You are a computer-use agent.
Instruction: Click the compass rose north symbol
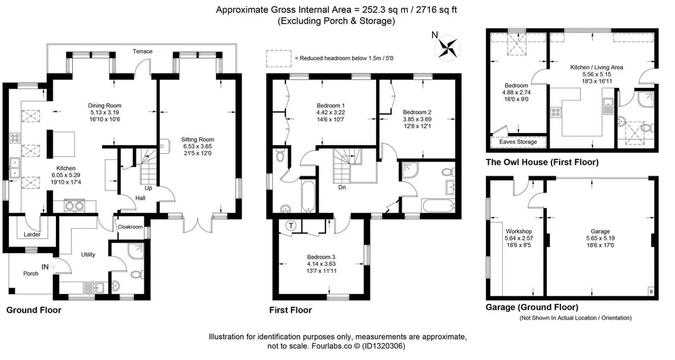click(448, 46)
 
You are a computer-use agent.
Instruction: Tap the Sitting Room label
click(197, 140)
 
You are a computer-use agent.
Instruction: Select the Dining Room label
click(105, 105)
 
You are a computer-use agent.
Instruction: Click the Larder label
click(32, 234)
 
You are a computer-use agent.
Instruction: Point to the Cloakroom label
click(130, 227)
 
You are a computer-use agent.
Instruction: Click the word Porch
click(30, 274)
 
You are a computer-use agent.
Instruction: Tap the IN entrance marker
click(45, 267)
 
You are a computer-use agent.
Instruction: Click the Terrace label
click(142, 51)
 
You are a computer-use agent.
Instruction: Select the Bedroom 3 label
click(321, 257)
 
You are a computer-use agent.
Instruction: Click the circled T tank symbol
click(292, 226)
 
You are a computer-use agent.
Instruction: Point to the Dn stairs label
click(342, 187)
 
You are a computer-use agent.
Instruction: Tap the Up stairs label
click(148, 188)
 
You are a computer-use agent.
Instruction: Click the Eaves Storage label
click(518, 142)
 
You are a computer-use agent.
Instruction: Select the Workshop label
click(518, 231)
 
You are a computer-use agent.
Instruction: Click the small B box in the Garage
click(651, 292)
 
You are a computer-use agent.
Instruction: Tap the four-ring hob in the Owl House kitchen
click(556, 113)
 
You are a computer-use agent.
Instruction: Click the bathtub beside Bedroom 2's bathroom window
click(439, 205)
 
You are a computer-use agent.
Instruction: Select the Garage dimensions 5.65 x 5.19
click(601, 238)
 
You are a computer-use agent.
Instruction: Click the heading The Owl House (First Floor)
click(542, 162)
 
